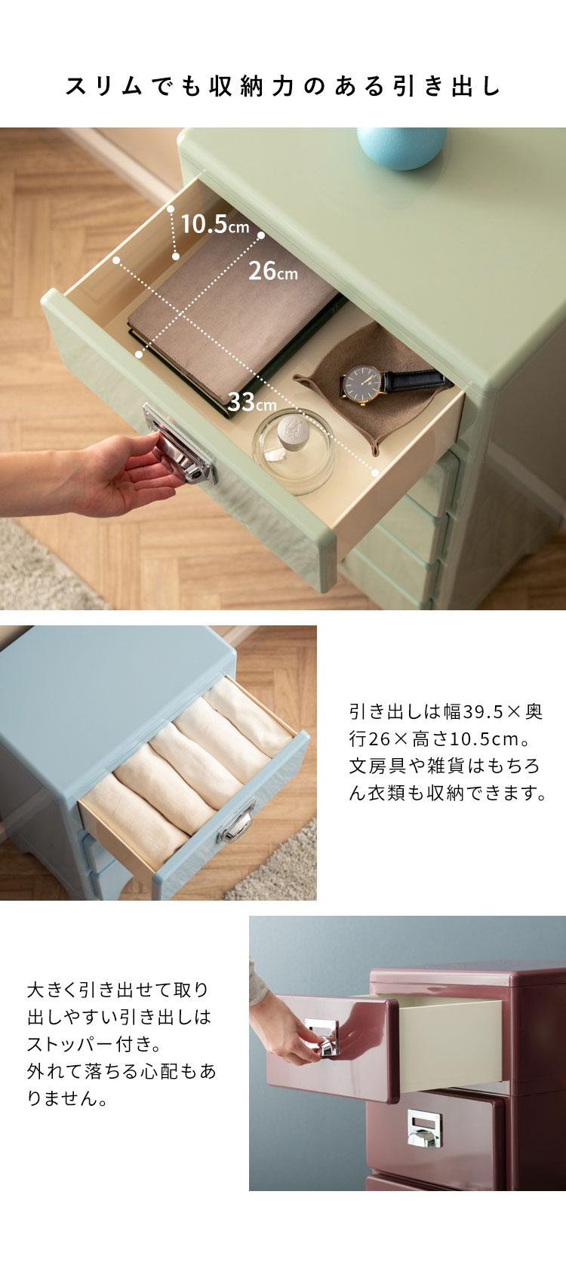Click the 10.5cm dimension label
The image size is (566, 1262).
pos(215,224)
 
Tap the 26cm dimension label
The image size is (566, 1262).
pos(273,272)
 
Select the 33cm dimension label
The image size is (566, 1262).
pos(252,402)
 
